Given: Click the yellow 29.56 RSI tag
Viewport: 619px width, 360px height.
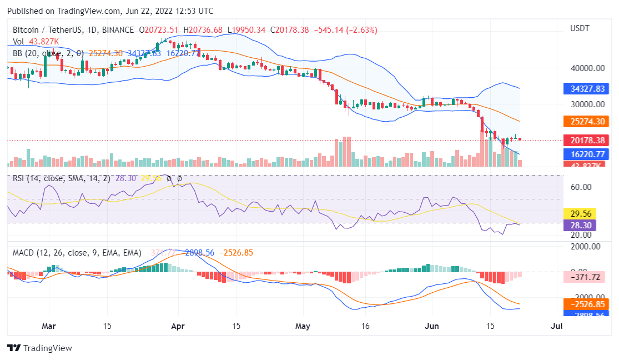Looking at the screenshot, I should tap(578, 214).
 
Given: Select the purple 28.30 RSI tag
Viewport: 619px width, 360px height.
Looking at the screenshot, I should tap(578, 226).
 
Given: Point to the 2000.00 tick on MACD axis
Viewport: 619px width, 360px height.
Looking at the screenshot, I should tap(585, 247).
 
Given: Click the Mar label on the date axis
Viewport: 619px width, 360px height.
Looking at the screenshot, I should tap(49, 326).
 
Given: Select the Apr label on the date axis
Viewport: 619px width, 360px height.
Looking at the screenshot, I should tap(178, 326).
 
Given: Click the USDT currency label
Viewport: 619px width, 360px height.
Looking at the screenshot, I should tap(580, 28).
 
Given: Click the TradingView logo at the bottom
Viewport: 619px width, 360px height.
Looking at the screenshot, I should tap(39, 348).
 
